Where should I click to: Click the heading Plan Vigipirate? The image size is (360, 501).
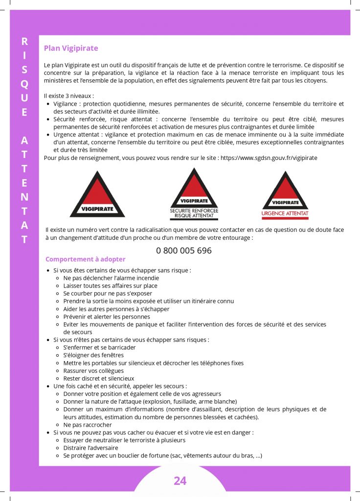coord(71,48)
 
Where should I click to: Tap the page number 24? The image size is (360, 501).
coord(180,481)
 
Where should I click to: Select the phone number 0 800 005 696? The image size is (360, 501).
coord(184,250)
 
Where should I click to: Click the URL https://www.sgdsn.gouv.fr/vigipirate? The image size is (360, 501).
coord(269,158)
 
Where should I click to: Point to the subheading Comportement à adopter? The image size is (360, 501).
coord(86,259)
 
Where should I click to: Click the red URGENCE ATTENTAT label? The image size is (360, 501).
coord(285,214)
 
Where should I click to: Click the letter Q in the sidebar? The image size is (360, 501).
coord(24,84)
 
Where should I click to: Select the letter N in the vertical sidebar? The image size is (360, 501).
coord(24,197)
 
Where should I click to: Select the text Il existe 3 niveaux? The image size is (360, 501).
coord(68,96)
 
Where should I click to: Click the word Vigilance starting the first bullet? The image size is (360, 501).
coord(67,104)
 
